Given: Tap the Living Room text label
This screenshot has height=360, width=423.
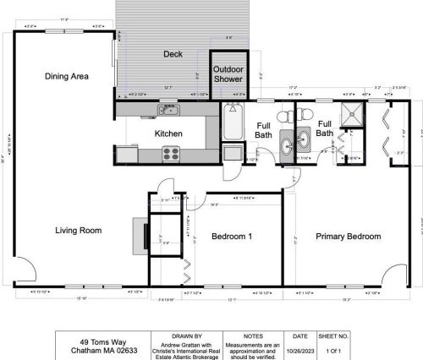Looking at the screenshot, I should [x=79, y=230].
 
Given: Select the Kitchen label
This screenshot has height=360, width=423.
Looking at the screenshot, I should [x=168, y=134].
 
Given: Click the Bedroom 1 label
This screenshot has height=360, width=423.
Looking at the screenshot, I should [x=232, y=237].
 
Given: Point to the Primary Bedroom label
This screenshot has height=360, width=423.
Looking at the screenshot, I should [x=348, y=237].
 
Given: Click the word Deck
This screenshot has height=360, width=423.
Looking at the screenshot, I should [x=173, y=54].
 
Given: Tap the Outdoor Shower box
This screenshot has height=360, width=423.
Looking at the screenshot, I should [x=228, y=74].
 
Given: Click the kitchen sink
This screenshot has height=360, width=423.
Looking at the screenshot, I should [x=168, y=110].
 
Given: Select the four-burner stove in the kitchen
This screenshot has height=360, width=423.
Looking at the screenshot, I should [x=171, y=153].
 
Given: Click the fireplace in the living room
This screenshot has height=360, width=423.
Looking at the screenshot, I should [x=140, y=234].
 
